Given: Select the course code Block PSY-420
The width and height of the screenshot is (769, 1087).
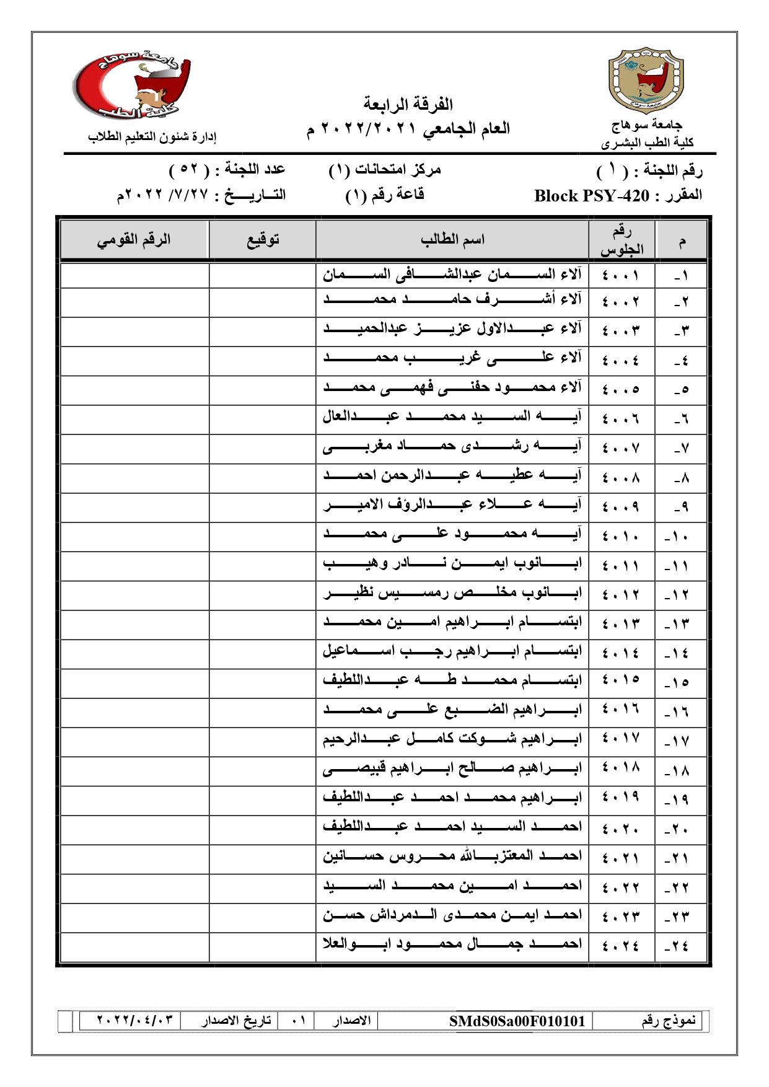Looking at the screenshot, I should click(x=592, y=196).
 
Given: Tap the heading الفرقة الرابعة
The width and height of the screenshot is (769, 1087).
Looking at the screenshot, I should click(x=408, y=103).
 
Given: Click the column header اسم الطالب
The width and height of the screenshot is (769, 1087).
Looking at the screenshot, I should click(x=452, y=240).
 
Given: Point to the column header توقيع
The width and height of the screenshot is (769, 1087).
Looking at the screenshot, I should click(x=263, y=240).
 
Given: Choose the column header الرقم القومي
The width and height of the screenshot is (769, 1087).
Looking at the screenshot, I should click(x=134, y=240).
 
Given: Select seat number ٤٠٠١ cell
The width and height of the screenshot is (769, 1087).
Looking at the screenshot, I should click(x=621, y=275).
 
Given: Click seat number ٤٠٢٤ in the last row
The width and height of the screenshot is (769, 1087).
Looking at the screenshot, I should click(x=621, y=946).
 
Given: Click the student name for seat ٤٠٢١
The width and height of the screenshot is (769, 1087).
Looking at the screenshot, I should click(x=452, y=858).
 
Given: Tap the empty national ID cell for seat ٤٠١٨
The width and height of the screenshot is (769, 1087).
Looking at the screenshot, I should click(x=134, y=770).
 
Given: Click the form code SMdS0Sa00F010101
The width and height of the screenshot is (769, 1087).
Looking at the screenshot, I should click(x=517, y=1021).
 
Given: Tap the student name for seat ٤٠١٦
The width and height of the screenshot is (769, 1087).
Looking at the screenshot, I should click(x=452, y=711).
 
